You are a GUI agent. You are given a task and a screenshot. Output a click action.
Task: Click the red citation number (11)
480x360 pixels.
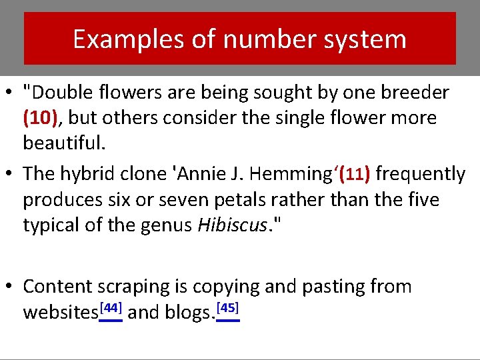click(355, 174)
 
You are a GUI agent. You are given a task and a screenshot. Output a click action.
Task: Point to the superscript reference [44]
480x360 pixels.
click(111, 308)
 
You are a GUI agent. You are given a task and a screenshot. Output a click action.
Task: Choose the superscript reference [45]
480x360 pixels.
click(228, 308)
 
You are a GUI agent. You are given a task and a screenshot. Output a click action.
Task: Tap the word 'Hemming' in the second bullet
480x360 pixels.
click(294, 174)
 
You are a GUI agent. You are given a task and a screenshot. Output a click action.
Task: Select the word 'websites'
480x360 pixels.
click(60, 312)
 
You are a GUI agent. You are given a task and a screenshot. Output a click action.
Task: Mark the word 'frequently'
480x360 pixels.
click(421, 174)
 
